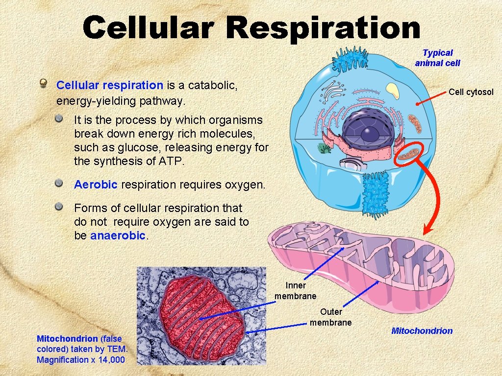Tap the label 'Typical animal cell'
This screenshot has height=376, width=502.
coord(437,58)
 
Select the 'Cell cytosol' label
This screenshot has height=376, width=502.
coord(471,92)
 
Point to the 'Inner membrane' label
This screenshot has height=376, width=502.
coord(295,291)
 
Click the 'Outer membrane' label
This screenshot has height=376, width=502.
coord(331,317)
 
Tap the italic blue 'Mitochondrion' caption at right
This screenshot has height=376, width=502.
coord(422,331)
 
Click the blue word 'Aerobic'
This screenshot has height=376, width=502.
coord(96,185)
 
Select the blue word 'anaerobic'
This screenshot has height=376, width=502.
coord(118,235)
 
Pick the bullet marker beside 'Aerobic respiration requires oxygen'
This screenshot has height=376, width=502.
coord(59,184)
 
